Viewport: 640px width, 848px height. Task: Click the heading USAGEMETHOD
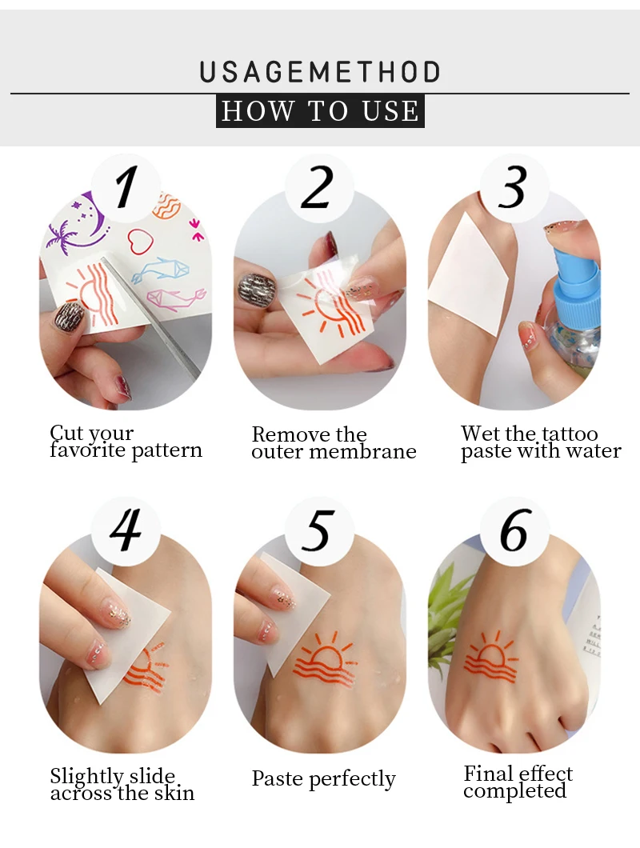point(320,72)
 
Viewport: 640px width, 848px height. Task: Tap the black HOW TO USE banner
point(320,111)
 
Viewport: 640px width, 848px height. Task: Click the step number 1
point(126,187)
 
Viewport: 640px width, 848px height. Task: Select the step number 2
point(318,187)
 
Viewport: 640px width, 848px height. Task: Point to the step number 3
point(512,187)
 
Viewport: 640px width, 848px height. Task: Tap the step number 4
point(126,530)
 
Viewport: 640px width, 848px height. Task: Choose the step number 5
point(317,530)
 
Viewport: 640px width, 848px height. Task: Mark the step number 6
point(514,530)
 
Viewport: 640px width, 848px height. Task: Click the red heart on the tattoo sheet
point(142,241)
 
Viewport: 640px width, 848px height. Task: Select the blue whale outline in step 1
point(161,269)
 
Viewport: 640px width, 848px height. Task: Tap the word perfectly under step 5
point(352,780)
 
